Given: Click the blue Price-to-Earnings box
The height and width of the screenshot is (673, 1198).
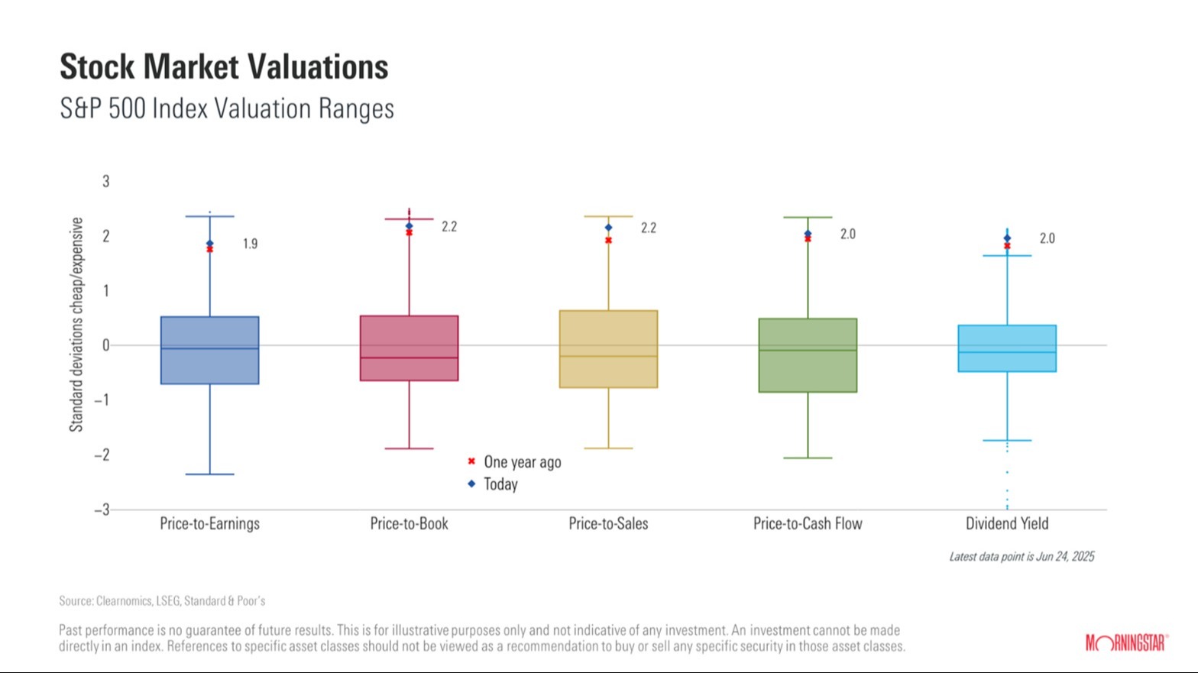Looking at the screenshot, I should click(x=209, y=350).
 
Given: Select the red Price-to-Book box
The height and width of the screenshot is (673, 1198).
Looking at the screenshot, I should click(x=409, y=348).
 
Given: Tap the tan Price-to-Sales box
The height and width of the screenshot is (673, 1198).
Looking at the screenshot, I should click(x=608, y=348).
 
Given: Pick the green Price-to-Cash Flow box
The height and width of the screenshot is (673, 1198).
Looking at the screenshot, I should click(x=808, y=355).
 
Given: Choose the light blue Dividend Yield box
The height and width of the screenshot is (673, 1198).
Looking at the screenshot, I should click(x=1007, y=348).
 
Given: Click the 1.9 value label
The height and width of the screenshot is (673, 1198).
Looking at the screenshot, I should click(x=250, y=244).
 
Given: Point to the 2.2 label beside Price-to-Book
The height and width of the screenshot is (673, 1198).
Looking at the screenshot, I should click(x=449, y=227).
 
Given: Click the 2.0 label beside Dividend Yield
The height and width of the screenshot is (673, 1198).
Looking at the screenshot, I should click(x=1047, y=238).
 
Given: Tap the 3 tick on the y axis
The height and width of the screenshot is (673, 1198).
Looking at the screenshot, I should click(x=106, y=182).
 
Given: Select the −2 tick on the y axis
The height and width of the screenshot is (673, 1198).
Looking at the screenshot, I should click(x=102, y=455).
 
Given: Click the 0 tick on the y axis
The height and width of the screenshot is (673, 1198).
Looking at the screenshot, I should click(x=106, y=345).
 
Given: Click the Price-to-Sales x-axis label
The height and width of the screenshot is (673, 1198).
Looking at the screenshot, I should click(x=608, y=524).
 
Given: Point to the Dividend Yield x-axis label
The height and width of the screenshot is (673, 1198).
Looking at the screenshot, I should click(x=1007, y=524).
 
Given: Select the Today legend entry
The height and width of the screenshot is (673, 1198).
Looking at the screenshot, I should click(x=500, y=484).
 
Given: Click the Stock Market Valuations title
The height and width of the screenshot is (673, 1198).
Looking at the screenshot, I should click(x=224, y=67).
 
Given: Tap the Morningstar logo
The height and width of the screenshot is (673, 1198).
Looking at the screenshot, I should click(x=1126, y=643).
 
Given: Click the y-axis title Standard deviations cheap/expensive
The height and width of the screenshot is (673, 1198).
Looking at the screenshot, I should click(x=76, y=324).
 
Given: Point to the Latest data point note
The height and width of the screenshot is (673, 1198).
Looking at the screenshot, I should click(x=1022, y=557).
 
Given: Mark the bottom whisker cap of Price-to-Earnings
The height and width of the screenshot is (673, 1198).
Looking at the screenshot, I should click(x=209, y=474).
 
